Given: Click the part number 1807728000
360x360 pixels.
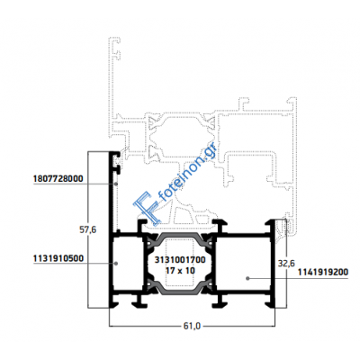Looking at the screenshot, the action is (x=58, y=179).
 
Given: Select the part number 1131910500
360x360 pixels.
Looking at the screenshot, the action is (x=58, y=258).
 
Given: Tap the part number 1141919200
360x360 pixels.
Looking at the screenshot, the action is (x=323, y=272).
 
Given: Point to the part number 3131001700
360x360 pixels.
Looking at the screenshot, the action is (x=180, y=260).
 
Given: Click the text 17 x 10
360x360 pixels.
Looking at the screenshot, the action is (x=180, y=271).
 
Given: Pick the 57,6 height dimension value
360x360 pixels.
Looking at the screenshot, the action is (x=87, y=230).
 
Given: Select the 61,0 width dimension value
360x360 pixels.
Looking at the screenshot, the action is (x=192, y=326).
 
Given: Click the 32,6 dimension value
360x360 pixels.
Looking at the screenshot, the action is (x=286, y=264).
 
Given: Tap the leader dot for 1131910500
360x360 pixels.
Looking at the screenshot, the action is (x=116, y=263).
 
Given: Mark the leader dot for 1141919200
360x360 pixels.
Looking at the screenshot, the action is (x=247, y=278).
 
